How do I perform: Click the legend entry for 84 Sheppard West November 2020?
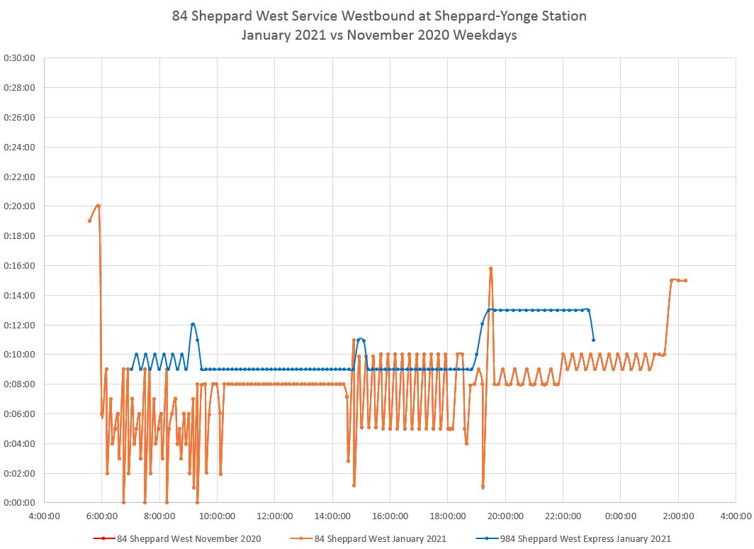coord(177,538)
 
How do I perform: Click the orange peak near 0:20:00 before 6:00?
coord(98,206)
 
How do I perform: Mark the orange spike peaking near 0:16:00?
coord(490,269)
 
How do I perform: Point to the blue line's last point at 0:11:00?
coord(593,340)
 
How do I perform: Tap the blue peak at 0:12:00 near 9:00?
coord(193,324)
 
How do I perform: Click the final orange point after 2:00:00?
coord(685,280)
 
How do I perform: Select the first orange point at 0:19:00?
coord(89,221)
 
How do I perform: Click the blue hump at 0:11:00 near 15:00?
coord(360,339)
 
